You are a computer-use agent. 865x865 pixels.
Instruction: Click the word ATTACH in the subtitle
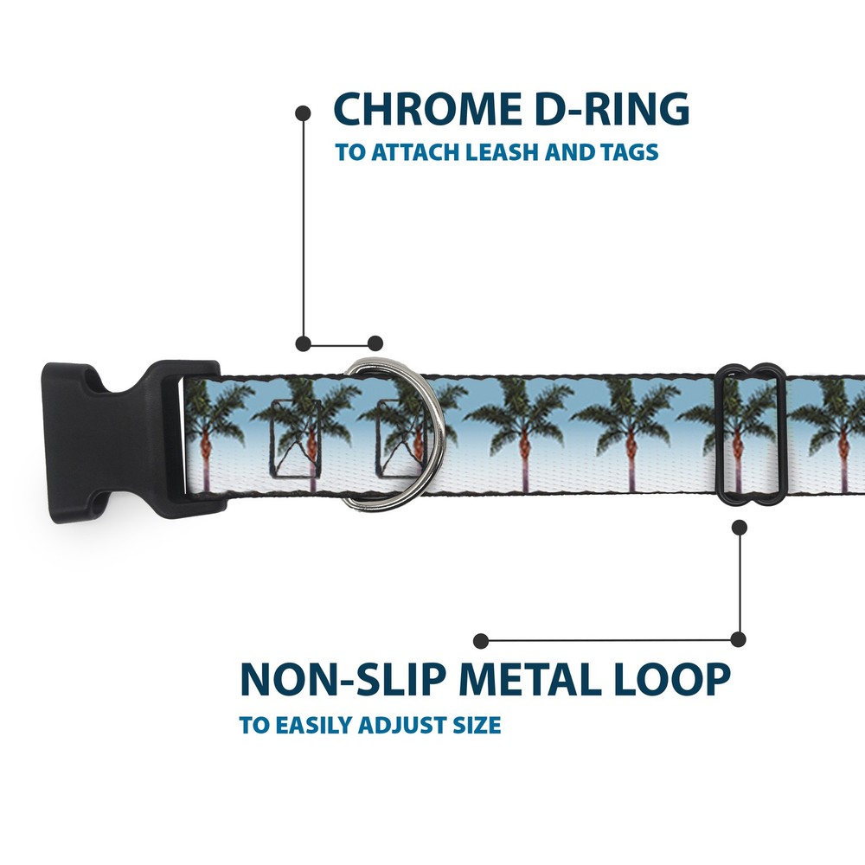406,153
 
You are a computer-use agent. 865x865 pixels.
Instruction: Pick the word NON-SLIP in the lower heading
343,679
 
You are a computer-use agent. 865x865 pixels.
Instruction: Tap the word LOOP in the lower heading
675,679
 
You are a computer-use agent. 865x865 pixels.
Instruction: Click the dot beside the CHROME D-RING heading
303,112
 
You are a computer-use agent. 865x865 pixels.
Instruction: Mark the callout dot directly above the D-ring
375,343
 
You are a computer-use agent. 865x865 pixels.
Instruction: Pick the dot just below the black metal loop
739,526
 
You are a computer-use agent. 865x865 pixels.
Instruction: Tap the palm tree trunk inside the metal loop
738,458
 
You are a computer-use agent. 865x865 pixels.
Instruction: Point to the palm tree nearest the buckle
205,432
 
